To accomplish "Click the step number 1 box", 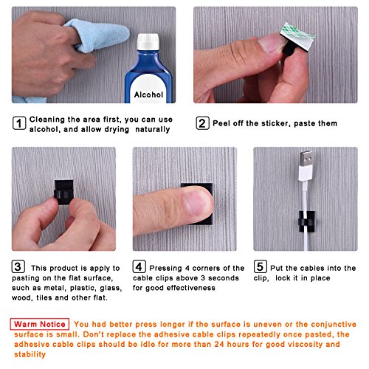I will [18, 123].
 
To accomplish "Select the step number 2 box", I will [201, 123].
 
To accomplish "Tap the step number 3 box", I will [18, 268].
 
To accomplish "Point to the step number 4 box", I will [139, 268].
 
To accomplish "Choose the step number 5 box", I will [261, 268].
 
